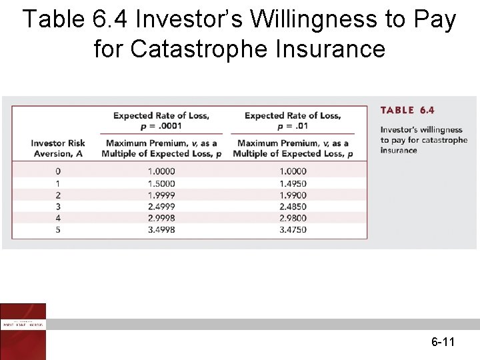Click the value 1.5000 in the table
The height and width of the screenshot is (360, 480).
(161, 183)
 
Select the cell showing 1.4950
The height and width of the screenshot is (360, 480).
(293, 183)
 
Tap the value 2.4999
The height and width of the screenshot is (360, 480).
(161, 207)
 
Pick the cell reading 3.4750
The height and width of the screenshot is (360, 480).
(293, 230)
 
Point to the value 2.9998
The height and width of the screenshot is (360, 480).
(161, 218)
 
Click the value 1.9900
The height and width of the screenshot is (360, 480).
(293, 195)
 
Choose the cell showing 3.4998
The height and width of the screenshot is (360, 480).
(161, 230)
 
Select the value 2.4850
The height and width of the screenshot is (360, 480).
(293, 207)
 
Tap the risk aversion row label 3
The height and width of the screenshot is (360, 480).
(58, 207)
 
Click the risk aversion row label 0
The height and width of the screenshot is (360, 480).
(58, 171)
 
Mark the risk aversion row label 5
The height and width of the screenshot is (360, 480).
(58, 230)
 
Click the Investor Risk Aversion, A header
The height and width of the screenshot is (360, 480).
(58, 148)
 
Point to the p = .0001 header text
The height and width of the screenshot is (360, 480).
(161, 126)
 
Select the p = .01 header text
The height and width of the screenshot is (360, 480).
(293, 126)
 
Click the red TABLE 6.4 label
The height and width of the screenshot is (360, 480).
(407, 111)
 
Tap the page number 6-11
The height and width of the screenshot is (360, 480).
(443, 343)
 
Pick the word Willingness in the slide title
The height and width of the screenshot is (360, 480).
(310, 20)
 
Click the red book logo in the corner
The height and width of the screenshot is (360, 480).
(23, 331)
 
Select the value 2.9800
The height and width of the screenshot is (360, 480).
(293, 218)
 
